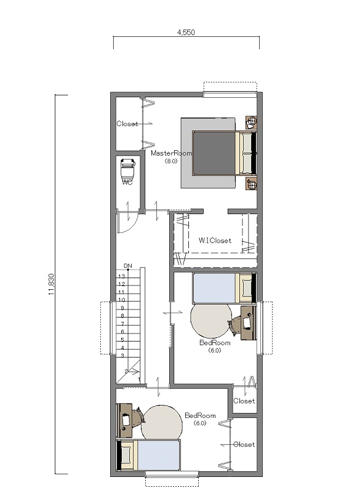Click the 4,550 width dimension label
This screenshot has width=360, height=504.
tap(186, 32)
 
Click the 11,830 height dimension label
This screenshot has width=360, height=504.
tap(52, 284)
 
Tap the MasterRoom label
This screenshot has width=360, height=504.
tap(171, 153)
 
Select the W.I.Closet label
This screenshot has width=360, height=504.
tap(215, 241)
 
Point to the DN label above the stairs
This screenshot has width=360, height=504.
tap(128, 266)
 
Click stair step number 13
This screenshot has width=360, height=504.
tap(121, 276)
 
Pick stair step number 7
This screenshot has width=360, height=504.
tap(122, 324)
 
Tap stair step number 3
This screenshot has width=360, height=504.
tap(122, 356)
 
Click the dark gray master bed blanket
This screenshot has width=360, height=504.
tap(214, 153)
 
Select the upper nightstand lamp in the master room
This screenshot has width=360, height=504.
tap(252, 121)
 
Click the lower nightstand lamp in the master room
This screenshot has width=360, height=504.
tap(252, 185)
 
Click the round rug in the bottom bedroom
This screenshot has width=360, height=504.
tap(162, 423)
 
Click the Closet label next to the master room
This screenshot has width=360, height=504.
tap(127, 124)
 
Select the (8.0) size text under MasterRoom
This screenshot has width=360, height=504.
tap(171, 161)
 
